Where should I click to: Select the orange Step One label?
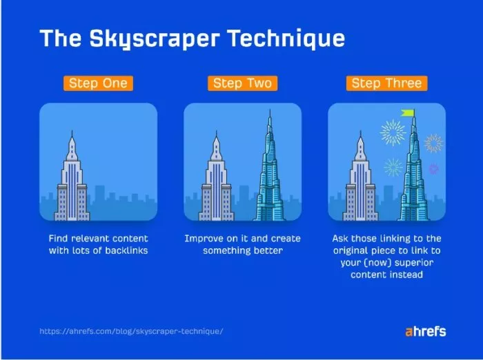[x=98, y=83]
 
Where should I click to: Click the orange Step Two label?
[x=242, y=83]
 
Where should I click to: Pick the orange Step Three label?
[x=386, y=83]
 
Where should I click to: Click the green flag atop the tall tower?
[x=408, y=113]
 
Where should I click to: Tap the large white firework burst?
[x=393, y=133]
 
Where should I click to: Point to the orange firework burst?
[x=433, y=143]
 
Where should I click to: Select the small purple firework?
[x=433, y=168]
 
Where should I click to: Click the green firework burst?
[x=393, y=167]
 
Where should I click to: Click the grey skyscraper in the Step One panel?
[x=72, y=183]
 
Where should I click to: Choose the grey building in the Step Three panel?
[x=359, y=183]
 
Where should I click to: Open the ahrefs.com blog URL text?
[x=131, y=332]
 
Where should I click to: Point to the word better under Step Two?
[x=268, y=250]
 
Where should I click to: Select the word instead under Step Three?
[x=406, y=274]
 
